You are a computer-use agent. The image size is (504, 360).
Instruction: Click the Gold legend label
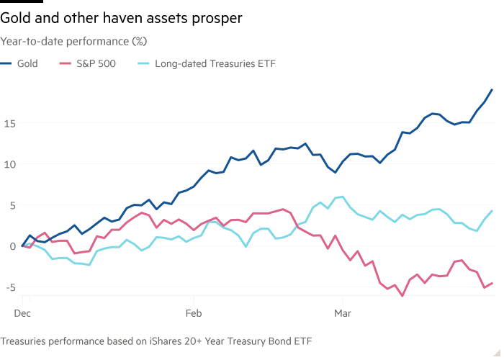(27, 63)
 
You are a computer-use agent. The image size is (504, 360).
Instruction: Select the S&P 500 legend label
(96, 63)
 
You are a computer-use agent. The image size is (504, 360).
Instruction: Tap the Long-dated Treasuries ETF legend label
(215, 63)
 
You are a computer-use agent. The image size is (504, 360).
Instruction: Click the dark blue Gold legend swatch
(6, 63)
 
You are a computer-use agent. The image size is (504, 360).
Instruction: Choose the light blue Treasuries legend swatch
(141, 63)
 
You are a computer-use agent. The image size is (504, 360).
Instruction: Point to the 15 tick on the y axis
(9, 123)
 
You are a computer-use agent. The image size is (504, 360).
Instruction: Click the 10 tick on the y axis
(9, 164)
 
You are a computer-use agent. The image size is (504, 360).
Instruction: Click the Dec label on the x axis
(22, 313)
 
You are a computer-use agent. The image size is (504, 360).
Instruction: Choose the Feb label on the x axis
(193, 313)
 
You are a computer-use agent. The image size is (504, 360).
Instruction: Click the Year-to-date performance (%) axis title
(73, 41)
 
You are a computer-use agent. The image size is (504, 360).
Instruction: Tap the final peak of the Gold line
(492, 89)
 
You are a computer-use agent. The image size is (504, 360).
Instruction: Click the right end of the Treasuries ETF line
(492, 211)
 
